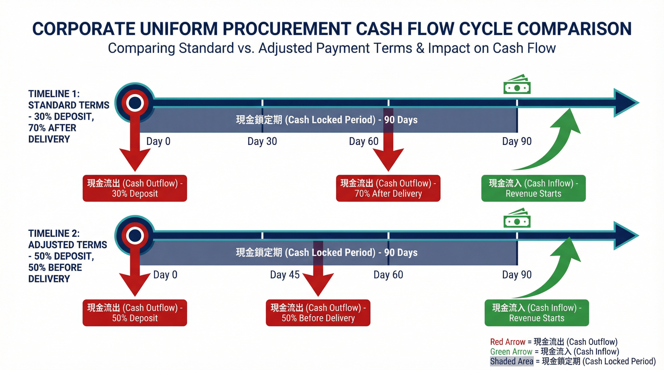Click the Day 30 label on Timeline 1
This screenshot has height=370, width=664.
262,141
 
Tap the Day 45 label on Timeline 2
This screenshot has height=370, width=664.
284,275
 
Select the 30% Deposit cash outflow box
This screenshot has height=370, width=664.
135,188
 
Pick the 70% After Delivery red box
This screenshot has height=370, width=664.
388,188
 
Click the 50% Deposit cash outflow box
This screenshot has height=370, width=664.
135,313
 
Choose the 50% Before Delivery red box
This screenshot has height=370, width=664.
318,313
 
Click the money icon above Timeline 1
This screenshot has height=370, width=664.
517,84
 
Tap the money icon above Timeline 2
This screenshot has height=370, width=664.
517,218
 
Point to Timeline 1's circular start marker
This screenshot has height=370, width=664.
135,103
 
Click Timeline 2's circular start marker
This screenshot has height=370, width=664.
135,235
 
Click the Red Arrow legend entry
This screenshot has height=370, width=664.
554,342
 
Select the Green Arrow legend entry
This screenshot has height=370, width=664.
555,351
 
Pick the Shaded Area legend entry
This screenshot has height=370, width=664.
573,361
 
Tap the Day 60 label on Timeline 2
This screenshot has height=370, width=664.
388,275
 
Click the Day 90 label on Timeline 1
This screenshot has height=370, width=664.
517,141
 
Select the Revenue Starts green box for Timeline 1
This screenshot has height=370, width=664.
533,188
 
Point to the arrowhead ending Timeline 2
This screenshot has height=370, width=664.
626,235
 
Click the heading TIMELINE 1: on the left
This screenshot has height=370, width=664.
54,94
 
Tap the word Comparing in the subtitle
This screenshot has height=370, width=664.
142,48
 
